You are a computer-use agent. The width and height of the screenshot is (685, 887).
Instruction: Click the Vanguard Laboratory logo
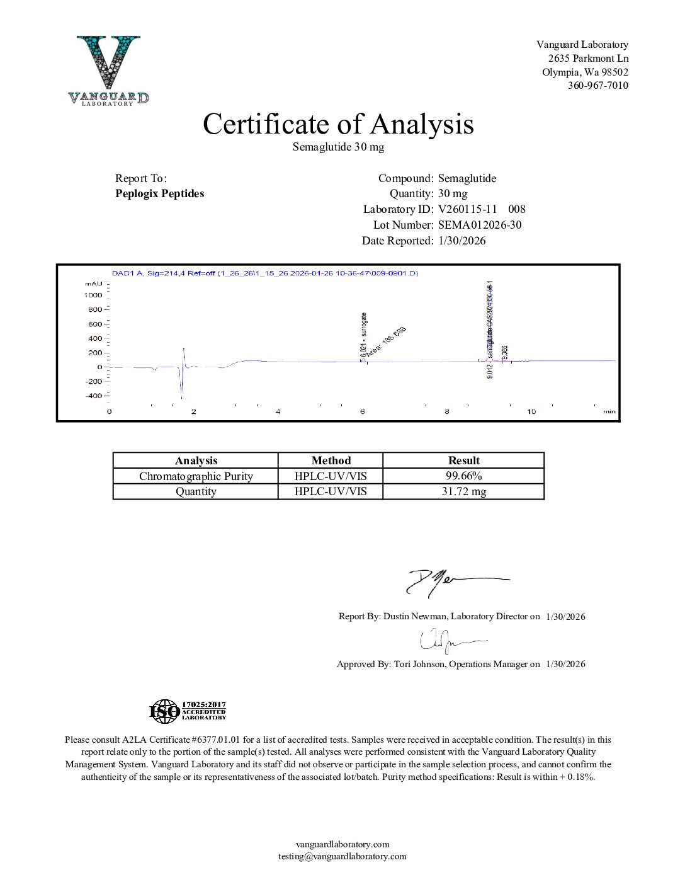coord(108,70)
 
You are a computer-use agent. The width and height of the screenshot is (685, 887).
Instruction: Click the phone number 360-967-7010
coord(597,86)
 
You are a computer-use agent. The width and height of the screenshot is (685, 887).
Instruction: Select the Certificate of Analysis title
coord(338,124)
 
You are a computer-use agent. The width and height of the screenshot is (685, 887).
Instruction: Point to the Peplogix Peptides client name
coord(159,193)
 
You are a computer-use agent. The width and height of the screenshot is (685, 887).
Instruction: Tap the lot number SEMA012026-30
coord(480,225)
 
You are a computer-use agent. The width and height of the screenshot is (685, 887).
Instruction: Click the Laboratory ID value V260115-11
coord(468,209)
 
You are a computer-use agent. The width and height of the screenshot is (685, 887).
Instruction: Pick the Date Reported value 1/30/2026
coord(462,241)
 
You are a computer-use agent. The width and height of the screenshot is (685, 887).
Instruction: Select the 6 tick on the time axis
coord(363,411)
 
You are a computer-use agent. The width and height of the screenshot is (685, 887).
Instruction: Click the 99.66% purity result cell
coord(463,476)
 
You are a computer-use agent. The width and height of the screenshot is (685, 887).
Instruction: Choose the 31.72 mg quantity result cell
coord(463,491)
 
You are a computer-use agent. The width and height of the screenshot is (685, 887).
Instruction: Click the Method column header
coord(331,461)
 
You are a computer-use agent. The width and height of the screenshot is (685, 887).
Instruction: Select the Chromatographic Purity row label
coord(196,476)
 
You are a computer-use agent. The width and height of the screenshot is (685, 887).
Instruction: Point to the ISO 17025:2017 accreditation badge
coord(188,711)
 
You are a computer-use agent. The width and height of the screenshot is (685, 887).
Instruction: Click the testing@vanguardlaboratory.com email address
coord(342,856)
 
